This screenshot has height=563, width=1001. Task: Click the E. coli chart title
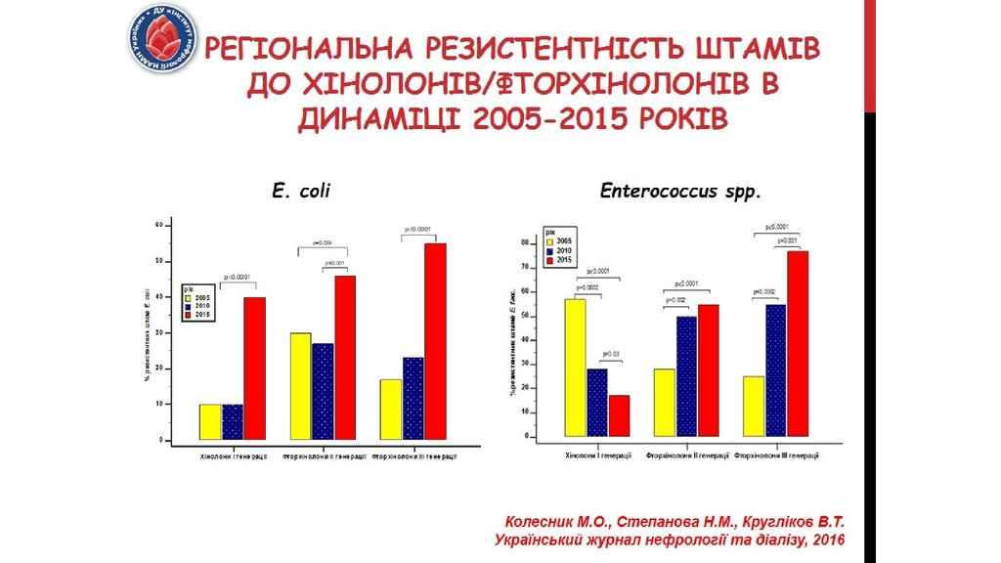click(x=300, y=192)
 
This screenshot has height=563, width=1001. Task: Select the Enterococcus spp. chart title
click(x=679, y=192)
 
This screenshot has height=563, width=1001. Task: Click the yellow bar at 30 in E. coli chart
click(x=299, y=387)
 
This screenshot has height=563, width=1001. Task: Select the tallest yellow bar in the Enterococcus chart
click(x=575, y=367)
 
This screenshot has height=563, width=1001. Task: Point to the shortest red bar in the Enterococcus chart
click(x=619, y=415)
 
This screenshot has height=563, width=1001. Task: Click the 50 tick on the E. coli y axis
click(x=160, y=261)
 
